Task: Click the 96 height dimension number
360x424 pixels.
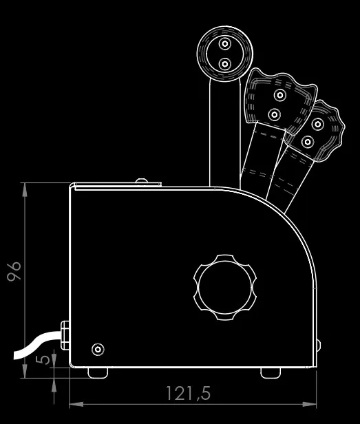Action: (14, 271)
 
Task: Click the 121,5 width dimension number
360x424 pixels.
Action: (188, 393)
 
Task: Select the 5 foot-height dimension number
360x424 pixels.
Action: (43, 359)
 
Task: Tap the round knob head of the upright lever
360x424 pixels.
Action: (225, 54)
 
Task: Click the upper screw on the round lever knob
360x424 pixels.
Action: (225, 43)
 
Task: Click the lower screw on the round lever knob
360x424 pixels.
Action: (224, 64)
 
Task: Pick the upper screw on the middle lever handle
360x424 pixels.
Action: (280, 95)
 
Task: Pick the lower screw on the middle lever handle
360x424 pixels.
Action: (274, 115)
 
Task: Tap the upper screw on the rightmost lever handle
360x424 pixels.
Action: (317, 124)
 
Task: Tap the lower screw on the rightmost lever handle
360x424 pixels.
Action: (308, 142)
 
